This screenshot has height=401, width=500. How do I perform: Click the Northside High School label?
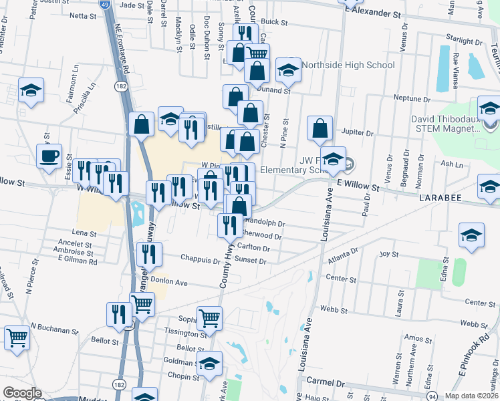(349, 65)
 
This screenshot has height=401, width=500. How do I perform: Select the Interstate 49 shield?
(104, 5)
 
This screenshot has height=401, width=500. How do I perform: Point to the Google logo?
(22, 392)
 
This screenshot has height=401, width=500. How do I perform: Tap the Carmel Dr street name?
(325, 384)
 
